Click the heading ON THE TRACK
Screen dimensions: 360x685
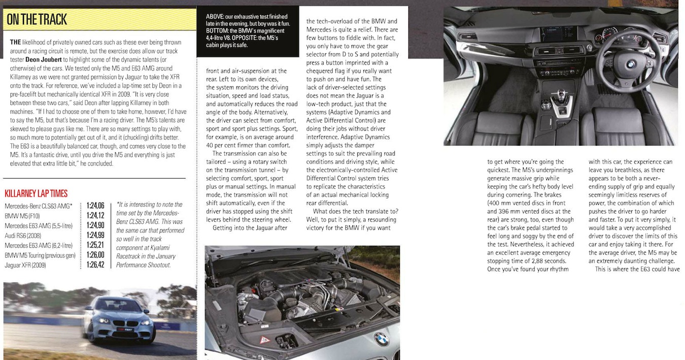(x=37, y=20)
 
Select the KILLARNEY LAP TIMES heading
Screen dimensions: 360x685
(x=36, y=193)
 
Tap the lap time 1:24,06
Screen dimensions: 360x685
(x=95, y=206)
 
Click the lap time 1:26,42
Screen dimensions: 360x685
(x=95, y=265)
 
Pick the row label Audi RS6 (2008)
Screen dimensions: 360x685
(x=23, y=235)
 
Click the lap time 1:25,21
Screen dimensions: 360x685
(x=95, y=245)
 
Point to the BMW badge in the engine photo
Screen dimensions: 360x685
(x=381, y=339)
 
